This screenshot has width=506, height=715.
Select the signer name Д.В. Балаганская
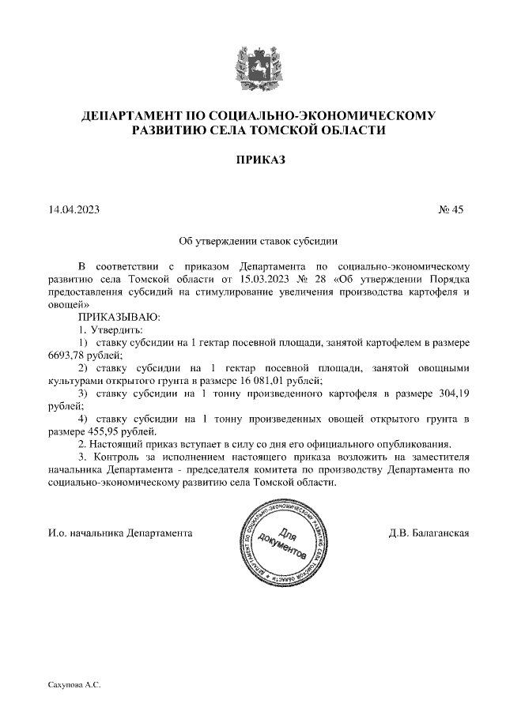[x=429, y=532]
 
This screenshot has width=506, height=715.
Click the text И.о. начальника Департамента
[x=120, y=532]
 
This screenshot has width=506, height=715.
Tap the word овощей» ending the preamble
[x=70, y=304]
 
